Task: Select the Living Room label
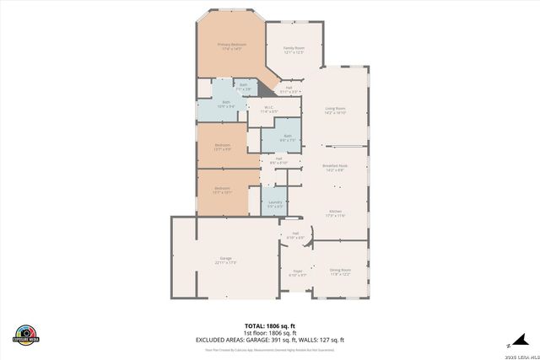pos(337,110)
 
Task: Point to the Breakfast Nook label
pos(336,167)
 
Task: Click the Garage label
pos(226,260)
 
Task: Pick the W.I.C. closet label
pos(268,109)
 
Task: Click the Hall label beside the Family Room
pos(289,89)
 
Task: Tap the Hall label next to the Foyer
pos(295,235)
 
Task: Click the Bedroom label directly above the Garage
pos(222,189)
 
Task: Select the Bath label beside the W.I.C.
pos(287,137)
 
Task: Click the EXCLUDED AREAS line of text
pos(269,339)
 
